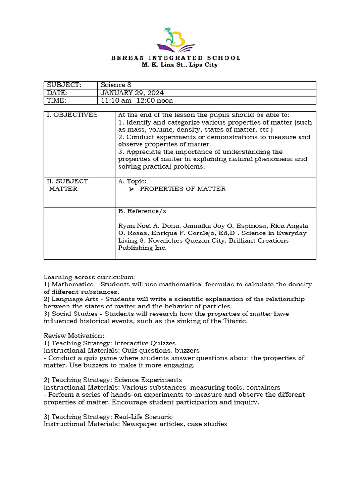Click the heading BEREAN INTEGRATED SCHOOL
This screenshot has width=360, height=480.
click(x=176, y=58)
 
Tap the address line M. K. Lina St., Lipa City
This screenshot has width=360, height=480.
click(x=180, y=65)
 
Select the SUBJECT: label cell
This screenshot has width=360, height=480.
click(x=64, y=85)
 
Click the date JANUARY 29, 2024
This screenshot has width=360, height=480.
click(x=132, y=93)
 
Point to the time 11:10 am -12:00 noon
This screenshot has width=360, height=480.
click(x=137, y=100)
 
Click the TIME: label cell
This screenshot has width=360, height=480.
click(x=57, y=100)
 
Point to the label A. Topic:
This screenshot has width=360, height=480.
click(x=132, y=181)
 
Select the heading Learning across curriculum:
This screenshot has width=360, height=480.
click(x=90, y=277)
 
